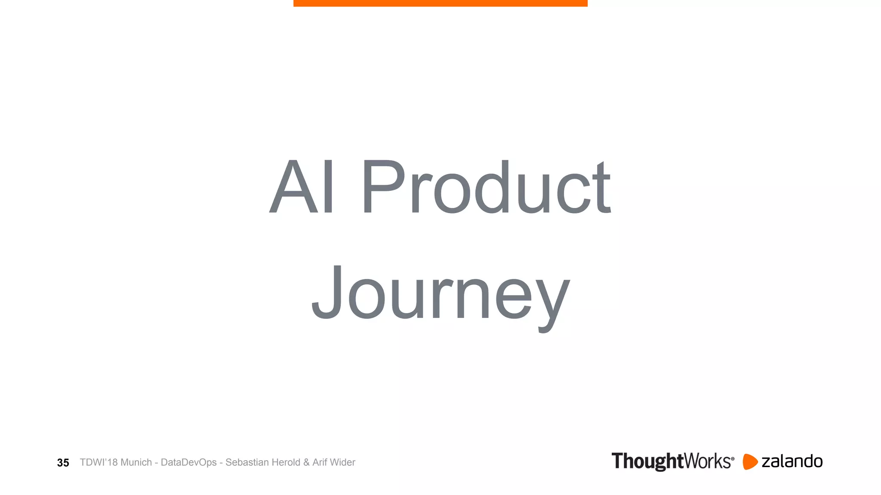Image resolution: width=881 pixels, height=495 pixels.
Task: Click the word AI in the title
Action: pos(301,186)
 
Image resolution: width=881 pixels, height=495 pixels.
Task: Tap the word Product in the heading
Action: pos(486,186)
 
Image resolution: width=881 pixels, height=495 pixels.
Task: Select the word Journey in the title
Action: pos(440,294)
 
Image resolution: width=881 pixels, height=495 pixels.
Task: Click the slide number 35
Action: pos(63,463)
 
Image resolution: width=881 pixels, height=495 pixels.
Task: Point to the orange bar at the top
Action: pos(440,3)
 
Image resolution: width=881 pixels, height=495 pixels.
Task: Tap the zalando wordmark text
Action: pos(792,461)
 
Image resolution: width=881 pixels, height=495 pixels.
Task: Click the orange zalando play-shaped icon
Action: pos(750,462)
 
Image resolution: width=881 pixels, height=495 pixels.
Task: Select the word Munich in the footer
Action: pos(136,462)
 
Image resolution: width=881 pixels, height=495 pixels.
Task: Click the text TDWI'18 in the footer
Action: pos(99,462)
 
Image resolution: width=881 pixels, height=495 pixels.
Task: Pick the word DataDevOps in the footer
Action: pos(188,463)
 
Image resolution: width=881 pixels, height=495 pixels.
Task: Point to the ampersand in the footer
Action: pos(306,462)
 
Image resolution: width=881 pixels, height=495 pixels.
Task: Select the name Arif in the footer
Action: pos(320,462)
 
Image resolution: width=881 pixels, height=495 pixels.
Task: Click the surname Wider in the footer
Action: pos(343,462)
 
